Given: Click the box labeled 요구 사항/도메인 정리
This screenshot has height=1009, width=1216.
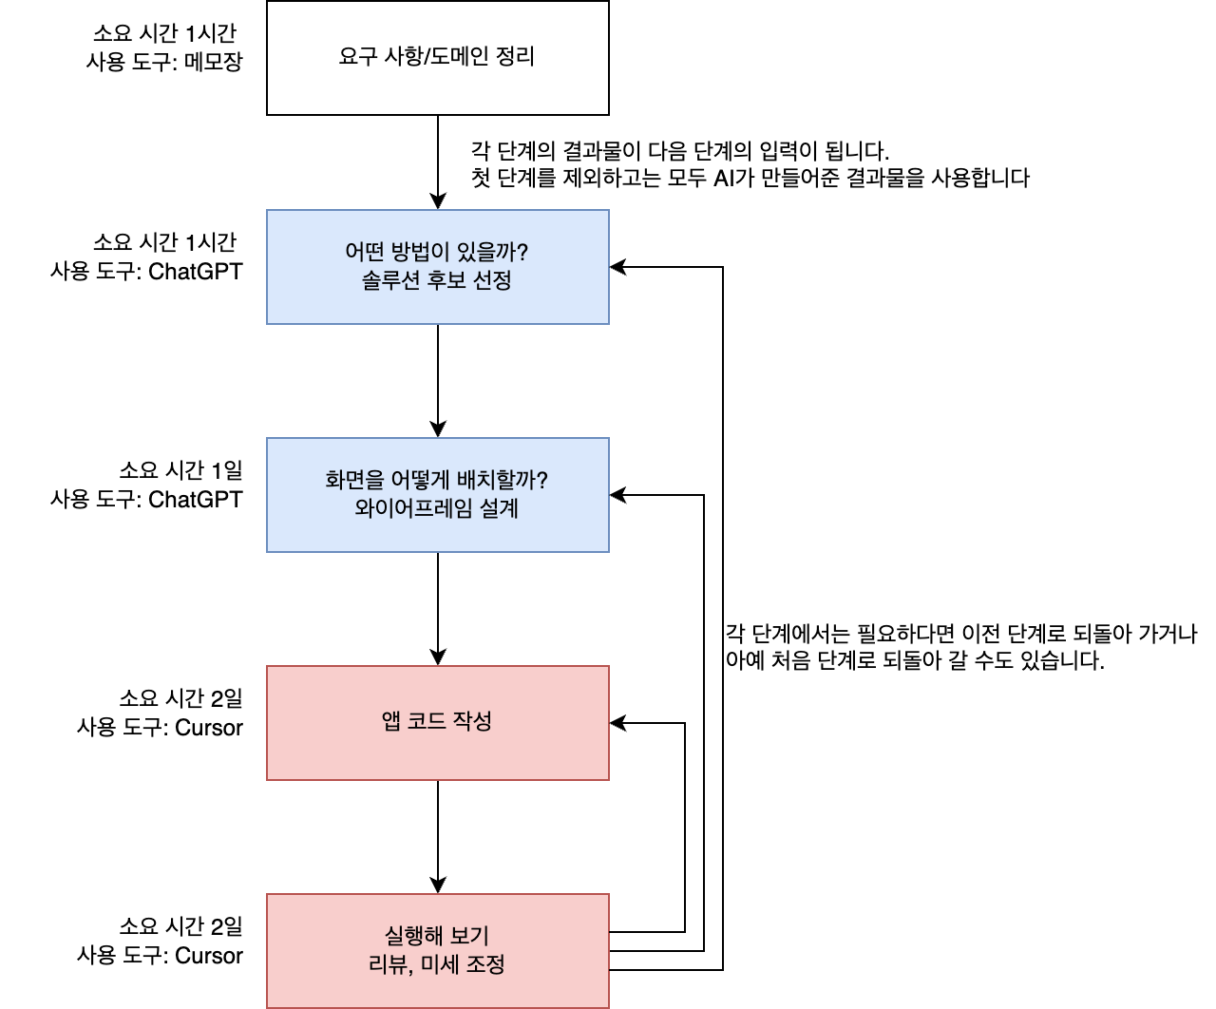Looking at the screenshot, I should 437,58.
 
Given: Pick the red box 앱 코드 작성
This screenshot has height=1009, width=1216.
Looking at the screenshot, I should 437,723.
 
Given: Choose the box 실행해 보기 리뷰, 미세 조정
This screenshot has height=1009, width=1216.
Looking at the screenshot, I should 437,951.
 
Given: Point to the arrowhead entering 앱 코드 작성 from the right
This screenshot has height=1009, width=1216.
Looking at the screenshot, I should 617,723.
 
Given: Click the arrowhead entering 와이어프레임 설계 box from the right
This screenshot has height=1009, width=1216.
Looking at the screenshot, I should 617,495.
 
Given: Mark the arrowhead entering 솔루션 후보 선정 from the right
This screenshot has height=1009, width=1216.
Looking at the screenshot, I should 617,267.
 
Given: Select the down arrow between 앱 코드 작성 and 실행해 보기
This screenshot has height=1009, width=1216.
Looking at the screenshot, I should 438,836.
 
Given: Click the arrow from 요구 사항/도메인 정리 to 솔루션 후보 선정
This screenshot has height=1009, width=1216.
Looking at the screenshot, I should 438,162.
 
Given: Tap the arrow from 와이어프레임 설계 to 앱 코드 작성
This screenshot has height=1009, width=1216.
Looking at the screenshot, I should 438,608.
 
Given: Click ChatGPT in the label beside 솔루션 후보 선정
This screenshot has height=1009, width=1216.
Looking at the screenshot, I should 196,272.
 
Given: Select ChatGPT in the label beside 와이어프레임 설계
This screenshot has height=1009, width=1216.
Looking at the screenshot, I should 196,500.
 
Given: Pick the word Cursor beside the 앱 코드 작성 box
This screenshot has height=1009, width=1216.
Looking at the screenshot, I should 209,728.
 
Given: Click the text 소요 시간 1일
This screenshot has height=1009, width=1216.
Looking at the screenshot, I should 180,470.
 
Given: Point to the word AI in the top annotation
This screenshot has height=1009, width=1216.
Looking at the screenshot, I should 724,178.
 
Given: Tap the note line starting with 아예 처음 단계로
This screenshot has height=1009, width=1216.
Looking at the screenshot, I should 915,660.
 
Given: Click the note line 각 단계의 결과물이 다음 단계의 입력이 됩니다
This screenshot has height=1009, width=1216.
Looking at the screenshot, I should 680,151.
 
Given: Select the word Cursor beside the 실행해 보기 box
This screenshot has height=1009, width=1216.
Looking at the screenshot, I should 209,956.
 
